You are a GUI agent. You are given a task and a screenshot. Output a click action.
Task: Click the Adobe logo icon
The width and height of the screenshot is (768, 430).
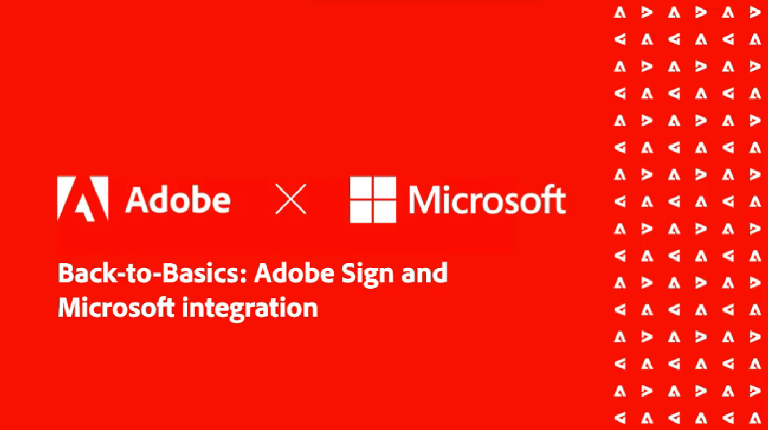click(82, 199)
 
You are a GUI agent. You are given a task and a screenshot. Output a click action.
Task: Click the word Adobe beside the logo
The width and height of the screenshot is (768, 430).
click(178, 200)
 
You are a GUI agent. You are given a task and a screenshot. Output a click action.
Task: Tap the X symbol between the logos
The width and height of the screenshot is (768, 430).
click(291, 199)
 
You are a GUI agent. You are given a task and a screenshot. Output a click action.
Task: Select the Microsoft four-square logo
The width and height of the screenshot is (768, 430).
click(373, 199)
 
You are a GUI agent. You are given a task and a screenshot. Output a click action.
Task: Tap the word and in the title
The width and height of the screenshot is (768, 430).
click(425, 273)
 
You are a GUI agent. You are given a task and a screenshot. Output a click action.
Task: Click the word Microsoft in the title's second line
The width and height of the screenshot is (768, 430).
click(116, 307)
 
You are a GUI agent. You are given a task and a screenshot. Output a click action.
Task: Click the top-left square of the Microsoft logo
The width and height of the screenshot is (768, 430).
click(361, 188)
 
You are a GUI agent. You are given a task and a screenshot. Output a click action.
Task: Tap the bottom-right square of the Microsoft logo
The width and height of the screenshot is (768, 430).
click(385, 211)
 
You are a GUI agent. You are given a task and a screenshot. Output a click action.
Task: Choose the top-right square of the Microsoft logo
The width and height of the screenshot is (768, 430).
click(385, 188)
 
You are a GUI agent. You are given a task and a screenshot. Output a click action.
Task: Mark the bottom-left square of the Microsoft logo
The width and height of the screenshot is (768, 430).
click(361, 211)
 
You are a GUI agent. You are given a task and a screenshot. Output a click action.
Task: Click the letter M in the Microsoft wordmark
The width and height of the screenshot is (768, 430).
click(425, 199)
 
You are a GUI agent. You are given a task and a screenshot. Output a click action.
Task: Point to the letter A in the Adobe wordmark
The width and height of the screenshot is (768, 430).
click(138, 200)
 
